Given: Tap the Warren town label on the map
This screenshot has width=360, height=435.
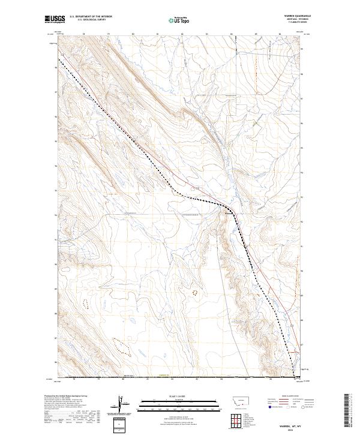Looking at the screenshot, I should click(x=228, y=211).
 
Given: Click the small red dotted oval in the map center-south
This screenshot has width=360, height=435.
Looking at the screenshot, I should click(x=194, y=293).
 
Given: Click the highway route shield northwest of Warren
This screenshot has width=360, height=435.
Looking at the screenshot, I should click(x=194, y=187).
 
